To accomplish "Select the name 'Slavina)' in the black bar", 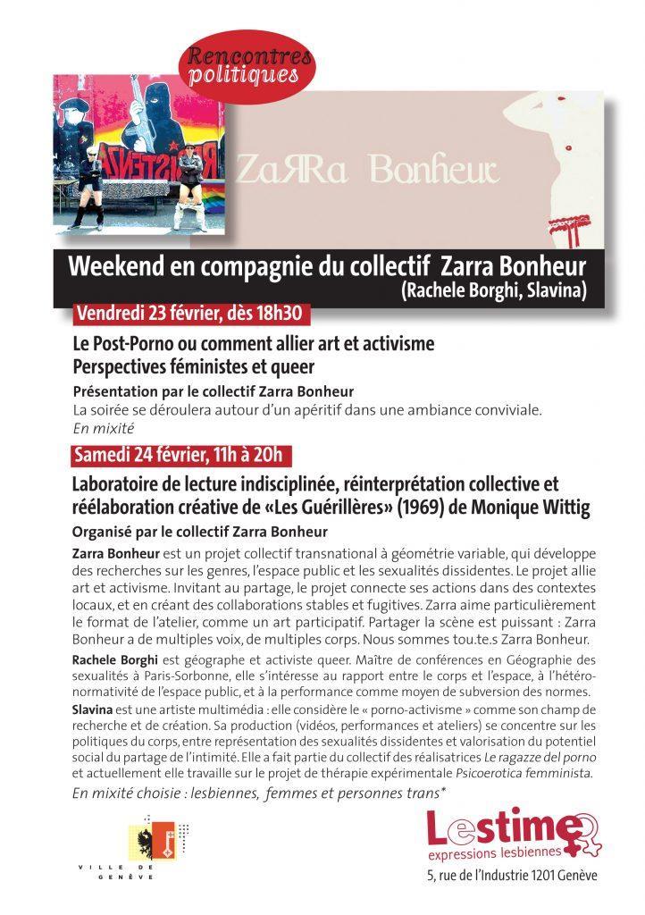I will click(551, 291).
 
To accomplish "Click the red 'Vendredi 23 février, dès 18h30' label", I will click(191, 315).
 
